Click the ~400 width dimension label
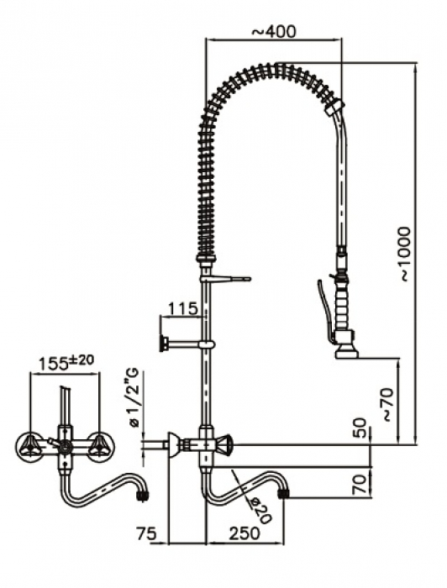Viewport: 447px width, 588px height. [273, 31]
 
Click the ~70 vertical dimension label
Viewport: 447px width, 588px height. [386, 403]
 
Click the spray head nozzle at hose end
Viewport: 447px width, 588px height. [346, 349]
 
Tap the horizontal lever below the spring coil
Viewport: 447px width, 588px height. [231, 278]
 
